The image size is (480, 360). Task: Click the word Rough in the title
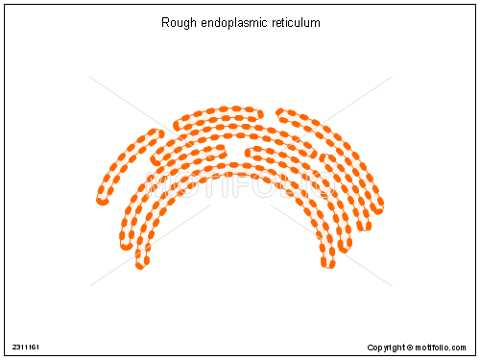pyautogui.click(x=178, y=21)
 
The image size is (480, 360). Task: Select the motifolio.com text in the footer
pyautogui.click(x=443, y=347)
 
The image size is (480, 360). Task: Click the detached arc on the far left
pyautogui.click(x=123, y=160)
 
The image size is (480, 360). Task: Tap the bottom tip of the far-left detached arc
pyautogui.click(x=102, y=200)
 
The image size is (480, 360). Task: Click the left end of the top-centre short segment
pyautogui.click(x=178, y=124)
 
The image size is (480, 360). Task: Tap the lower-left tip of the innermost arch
pyautogui.click(x=141, y=262)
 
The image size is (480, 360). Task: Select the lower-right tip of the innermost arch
pyautogui.click(x=328, y=262)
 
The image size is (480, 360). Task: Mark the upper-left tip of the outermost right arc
pyautogui.click(x=279, y=112)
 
